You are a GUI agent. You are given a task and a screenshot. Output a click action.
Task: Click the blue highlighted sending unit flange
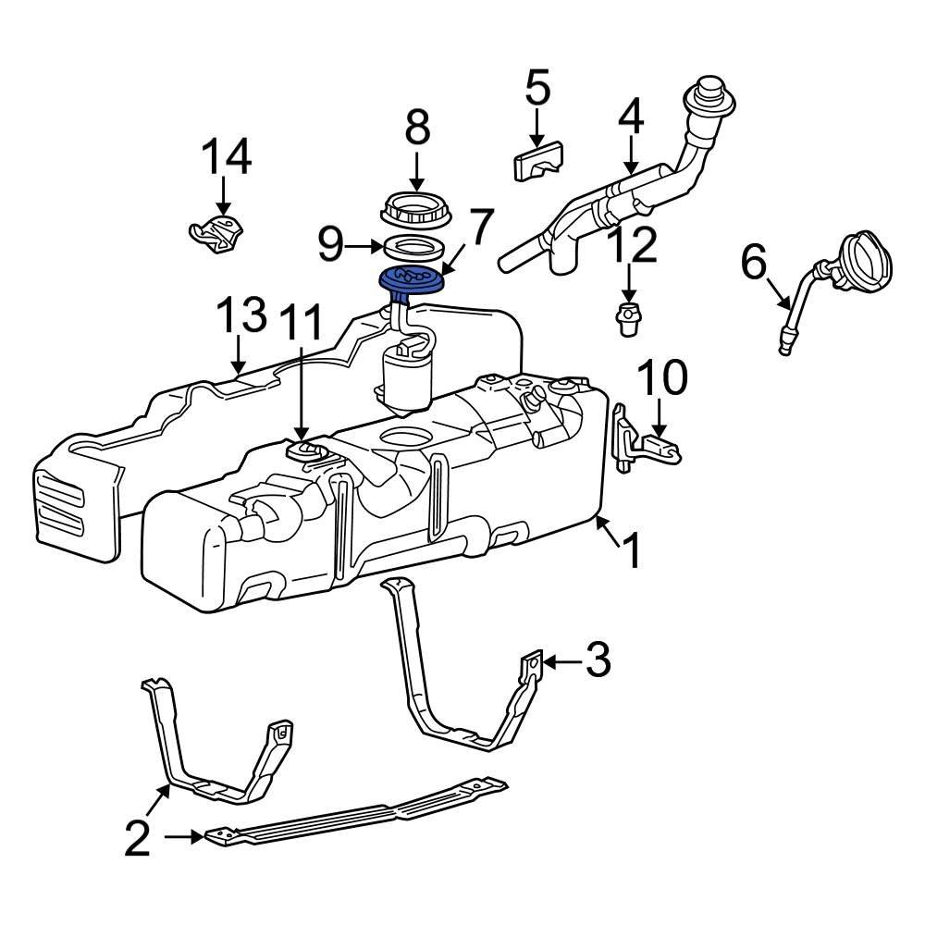(x=411, y=280)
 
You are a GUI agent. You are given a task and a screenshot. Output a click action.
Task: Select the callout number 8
(x=418, y=127)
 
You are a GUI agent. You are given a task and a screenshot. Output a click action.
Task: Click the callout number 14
(x=228, y=156)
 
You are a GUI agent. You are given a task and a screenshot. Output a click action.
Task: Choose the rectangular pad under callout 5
(x=537, y=161)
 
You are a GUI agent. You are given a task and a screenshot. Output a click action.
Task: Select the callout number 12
(x=634, y=244)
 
